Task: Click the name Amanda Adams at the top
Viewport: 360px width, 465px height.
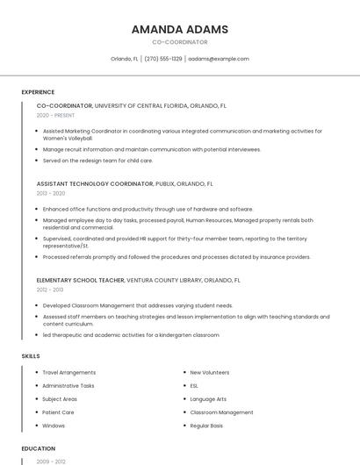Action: click(x=180, y=29)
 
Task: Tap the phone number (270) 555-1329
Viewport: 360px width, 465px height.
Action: click(x=162, y=59)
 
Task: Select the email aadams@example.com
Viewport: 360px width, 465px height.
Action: click(x=219, y=59)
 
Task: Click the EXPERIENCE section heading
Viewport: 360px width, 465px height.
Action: click(x=38, y=92)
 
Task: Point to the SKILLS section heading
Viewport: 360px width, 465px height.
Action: click(x=31, y=355)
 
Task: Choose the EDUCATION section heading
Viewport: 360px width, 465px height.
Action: click(x=38, y=448)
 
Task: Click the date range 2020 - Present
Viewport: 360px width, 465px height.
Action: click(x=55, y=115)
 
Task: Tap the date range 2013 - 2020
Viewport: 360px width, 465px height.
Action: click(x=51, y=193)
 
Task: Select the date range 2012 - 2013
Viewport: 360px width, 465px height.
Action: click(x=50, y=289)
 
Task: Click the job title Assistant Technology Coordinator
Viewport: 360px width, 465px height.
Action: click(x=95, y=184)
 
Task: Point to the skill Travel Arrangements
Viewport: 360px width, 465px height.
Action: click(x=69, y=372)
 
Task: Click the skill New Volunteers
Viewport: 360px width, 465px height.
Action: click(x=209, y=372)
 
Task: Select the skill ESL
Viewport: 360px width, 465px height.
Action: click(x=194, y=385)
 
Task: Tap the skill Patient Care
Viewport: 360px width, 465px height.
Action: click(x=58, y=411)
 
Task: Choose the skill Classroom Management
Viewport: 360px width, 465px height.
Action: click(x=221, y=411)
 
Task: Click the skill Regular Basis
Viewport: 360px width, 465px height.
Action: click(x=206, y=426)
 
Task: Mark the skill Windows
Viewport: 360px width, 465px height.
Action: click(x=54, y=426)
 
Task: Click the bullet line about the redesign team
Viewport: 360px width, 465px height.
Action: click(x=97, y=161)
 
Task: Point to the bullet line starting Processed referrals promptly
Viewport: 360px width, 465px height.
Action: click(x=176, y=257)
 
